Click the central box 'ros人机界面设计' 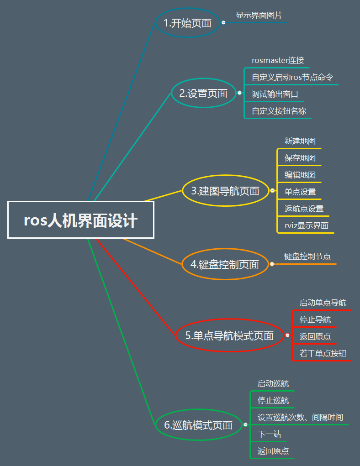pos(81,220)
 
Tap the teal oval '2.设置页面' pos(203,94)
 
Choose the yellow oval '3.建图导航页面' pos(225,191)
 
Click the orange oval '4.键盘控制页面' pos(225,264)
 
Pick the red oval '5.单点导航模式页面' pos(229,336)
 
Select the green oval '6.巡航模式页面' pos(198,425)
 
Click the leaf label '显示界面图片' pos(259,15)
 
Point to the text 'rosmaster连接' pos(278,60)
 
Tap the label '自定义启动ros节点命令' pos(292,77)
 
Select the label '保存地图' pos(300,158)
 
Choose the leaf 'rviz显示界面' pos(306,225)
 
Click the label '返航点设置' pos(304,209)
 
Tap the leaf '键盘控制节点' pos(307,257)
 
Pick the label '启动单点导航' pos(323,303)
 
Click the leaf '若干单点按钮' pos(323,353)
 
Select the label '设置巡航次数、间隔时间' pos(300,417)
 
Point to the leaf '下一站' pos(269,434)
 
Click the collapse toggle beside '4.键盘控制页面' pos(272,264)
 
